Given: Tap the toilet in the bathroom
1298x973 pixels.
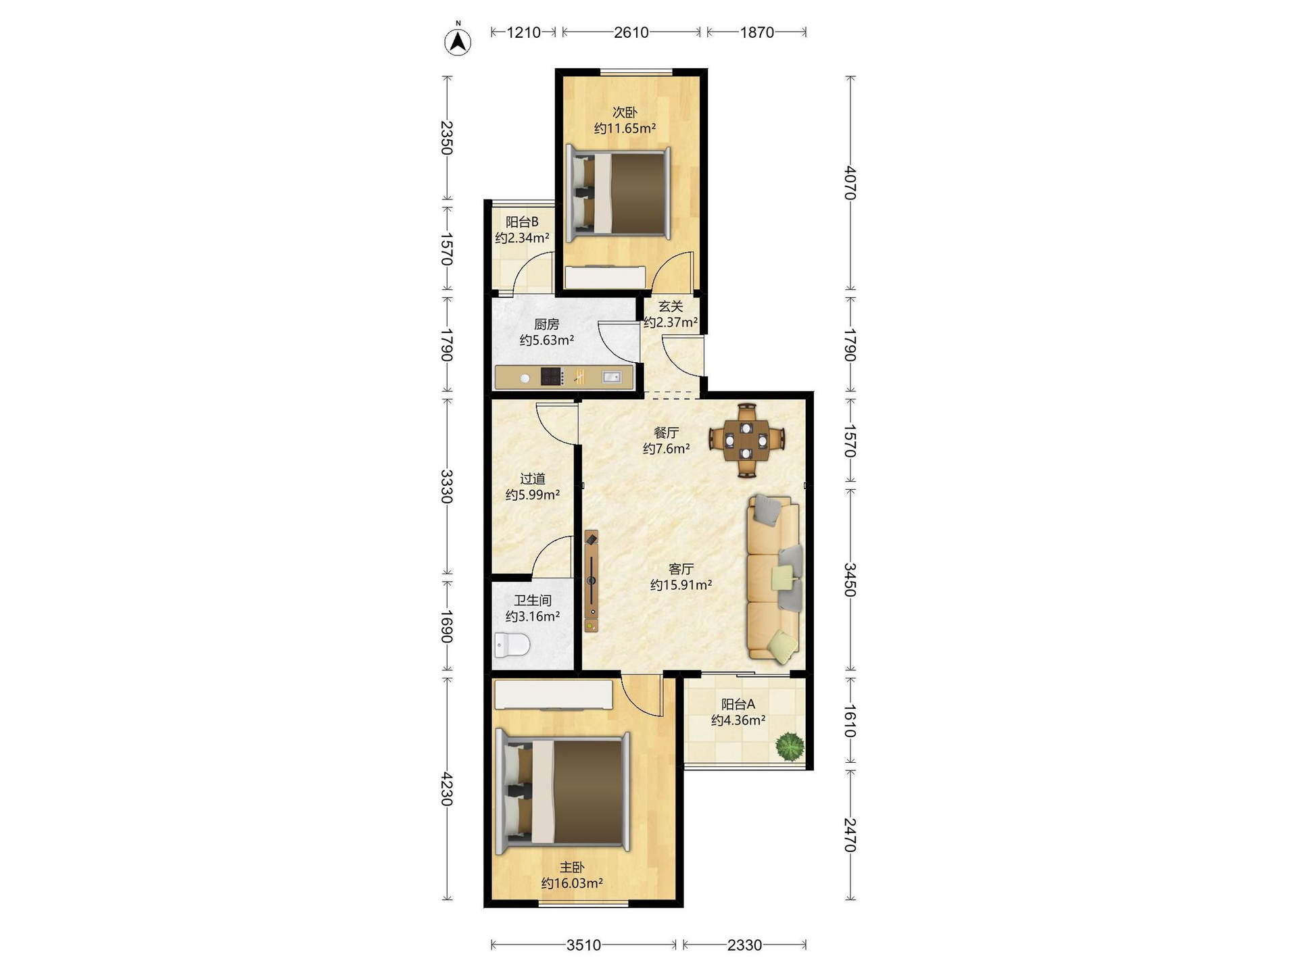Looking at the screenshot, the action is click(511, 645).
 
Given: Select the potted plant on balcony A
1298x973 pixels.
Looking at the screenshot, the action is click(790, 747).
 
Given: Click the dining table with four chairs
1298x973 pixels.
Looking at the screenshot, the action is click(746, 440).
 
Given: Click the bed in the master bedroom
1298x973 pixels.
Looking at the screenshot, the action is click(563, 791).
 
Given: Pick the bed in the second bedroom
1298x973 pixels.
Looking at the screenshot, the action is click(619, 194).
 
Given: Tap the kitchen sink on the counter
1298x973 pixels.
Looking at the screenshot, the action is click(612, 377).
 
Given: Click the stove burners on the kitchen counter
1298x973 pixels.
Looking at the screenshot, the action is click(552, 376).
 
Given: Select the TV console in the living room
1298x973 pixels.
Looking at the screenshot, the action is click(592, 580).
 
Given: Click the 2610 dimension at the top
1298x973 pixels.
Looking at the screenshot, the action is click(631, 32).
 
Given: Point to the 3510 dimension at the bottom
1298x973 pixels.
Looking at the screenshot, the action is click(583, 945).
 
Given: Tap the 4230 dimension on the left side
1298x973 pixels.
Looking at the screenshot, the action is click(446, 789).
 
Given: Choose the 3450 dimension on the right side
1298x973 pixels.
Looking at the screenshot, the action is click(850, 580).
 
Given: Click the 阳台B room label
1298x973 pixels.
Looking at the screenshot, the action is click(522, 222).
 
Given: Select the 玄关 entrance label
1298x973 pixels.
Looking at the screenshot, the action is click(671, 306).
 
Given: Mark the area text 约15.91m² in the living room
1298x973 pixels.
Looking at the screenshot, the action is click(681, 585).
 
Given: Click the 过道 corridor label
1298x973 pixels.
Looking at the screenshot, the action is click(533, 478).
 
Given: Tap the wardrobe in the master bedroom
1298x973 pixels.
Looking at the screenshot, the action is click(554, 695).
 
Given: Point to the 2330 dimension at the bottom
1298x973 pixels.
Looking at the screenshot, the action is click(744, 945).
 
